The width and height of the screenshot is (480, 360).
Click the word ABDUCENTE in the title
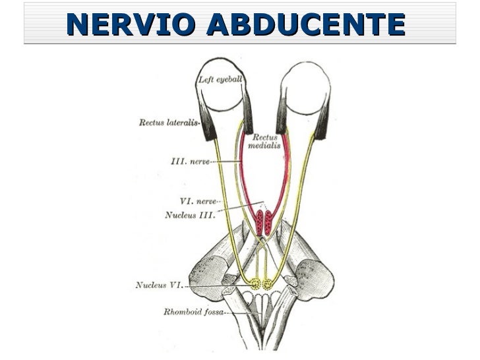coord(306,24)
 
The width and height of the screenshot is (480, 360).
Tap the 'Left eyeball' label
coord(220,80)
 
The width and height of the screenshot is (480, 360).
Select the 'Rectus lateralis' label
coord(169,123)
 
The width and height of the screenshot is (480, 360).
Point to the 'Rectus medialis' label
coord(264,141)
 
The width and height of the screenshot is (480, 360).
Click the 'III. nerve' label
coord(191,161)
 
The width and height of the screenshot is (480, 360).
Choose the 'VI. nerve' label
coord(198,201)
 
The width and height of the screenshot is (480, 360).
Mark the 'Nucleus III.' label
coord(190,215)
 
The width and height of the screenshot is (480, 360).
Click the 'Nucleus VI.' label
coord(159,285)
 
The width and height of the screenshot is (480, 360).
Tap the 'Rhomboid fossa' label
coord(193,312)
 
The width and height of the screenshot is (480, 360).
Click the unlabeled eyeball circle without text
coord(305,88)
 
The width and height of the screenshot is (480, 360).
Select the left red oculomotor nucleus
coord(260,222)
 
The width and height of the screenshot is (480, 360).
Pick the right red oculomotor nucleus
coord(268,222)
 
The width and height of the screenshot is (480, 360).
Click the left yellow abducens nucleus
coord(255,284)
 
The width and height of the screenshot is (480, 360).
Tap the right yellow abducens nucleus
coord(268,284)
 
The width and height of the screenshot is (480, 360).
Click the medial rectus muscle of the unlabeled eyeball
coord(282,113)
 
